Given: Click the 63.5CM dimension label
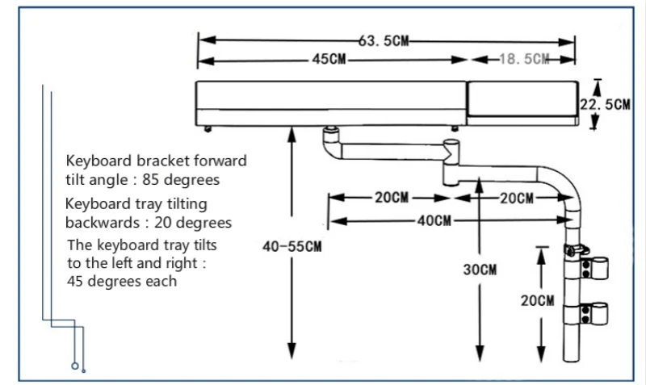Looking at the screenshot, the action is [x=383, y=41].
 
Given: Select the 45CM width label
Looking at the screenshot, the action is [x=329, y=59].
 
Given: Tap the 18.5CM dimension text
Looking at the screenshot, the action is [x=524, y=59].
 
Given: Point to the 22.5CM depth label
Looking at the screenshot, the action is [x=605, y=104].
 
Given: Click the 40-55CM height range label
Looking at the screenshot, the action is [x=292, y=247].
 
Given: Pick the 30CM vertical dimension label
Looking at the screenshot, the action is [x=480, y=270].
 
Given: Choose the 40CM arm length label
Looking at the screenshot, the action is [x=434, y=220].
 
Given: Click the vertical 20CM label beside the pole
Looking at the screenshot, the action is [x=537, y=300].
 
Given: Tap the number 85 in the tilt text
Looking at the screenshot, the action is [x=150, y=179].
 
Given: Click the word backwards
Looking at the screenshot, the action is [x=103, y=222].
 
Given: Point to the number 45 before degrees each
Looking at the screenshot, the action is [x=75, y=281].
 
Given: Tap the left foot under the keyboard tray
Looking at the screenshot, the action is [x=208, y=129].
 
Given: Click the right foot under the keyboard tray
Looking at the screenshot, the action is [x=455, y=128].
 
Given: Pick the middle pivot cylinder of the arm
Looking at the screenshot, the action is [x=451, y=163].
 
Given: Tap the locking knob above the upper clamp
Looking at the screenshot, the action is [x=576, y=250].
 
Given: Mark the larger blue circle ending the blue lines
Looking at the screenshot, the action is [x=74, y=366].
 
